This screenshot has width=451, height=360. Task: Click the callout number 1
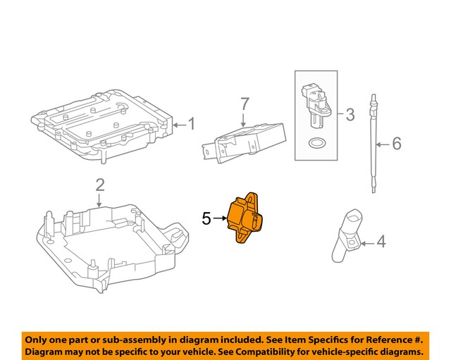pyautogui.click(x=190, y=125)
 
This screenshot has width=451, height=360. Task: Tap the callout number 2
pyautogui.click(x=100, y=185)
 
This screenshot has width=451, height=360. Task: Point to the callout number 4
pyautogui.click(x=381, y=242)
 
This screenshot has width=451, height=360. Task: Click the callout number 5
pyautogui.click(x=206, y=219)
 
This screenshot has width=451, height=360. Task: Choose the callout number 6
pyautogui.click(x=396, y=144)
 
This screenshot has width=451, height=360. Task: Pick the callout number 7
pyautogui.click(x=244, y=104)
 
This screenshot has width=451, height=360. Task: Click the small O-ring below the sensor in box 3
pyautogui.click(x=317, y=144)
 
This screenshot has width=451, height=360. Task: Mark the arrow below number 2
pyautogui.click(x=100, y=200)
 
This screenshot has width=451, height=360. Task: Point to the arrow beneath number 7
pyautogui.click(x=244, y=120)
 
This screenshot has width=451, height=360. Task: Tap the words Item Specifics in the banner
pyautogui.click(x=276, y=339)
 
